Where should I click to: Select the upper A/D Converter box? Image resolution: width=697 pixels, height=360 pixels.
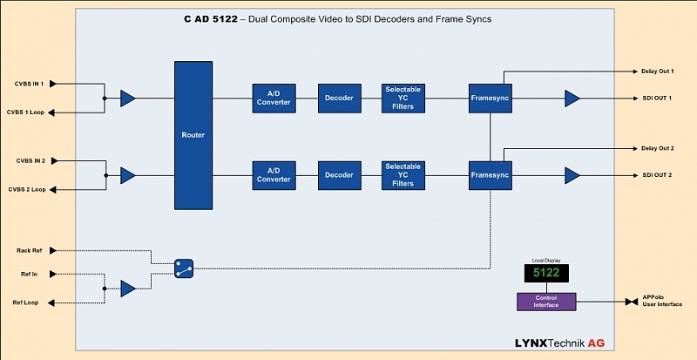click(273, 98)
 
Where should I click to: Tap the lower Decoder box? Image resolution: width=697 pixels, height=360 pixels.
click(339, 175)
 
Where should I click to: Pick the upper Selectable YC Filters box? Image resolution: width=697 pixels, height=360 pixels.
click(403, 98)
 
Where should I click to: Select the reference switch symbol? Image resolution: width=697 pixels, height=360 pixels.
click(182, 268)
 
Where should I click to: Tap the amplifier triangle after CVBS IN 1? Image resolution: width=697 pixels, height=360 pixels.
click(128, 98)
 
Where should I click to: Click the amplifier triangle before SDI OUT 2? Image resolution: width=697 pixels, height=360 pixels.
click(572, 175)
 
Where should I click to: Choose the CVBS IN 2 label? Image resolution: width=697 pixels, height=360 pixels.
click(30, 161)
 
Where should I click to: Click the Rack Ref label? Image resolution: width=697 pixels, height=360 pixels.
click(30, 250)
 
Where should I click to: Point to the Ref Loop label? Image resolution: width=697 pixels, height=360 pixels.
click(30, 302)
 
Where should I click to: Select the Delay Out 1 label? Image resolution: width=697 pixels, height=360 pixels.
click(658, 71)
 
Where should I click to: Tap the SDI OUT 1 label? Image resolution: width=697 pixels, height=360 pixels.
click(658, 98)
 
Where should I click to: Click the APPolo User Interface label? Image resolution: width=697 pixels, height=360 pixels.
click(663, 300)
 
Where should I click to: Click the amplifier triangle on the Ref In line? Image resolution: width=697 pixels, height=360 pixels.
click(128, 289)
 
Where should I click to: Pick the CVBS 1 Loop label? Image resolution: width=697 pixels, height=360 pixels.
click(26, 112)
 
